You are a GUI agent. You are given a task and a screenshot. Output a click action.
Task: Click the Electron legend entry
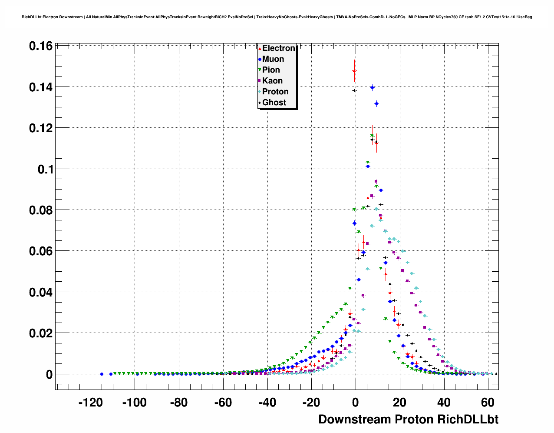coord(278,48)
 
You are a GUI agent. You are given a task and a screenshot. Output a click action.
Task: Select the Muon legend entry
coord(273,59)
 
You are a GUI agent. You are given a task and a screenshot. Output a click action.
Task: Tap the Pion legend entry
coord(270,70)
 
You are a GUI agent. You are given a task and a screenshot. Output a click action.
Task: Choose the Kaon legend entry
coord(272,81)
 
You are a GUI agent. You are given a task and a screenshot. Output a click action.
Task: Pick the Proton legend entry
coord(275,92)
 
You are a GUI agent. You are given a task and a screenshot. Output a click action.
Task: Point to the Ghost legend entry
coord(274,103)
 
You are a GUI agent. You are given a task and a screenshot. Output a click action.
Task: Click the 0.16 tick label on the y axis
coord(41,46)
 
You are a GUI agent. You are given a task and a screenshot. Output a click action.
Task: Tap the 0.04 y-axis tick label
coord(41,292)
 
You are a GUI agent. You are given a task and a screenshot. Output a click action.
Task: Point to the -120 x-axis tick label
coord(90,403)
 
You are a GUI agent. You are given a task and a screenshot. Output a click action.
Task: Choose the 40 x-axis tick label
coord(444,403)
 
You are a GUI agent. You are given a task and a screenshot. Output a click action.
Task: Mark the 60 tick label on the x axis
coord(488,403)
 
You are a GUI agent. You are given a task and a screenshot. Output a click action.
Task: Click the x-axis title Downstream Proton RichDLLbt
coord(408,420)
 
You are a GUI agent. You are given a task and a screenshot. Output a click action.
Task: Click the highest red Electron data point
coord(354,70)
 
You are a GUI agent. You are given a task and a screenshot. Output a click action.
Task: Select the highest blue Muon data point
coord(372,87)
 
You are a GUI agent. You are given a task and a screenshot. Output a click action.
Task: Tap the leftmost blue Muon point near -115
coord(102,374)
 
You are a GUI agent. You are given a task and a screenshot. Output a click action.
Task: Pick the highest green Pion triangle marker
coord(372,136)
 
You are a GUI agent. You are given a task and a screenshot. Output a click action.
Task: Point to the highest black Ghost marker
coord(354,90)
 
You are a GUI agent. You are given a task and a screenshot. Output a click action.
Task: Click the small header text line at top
coord(277,17)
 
